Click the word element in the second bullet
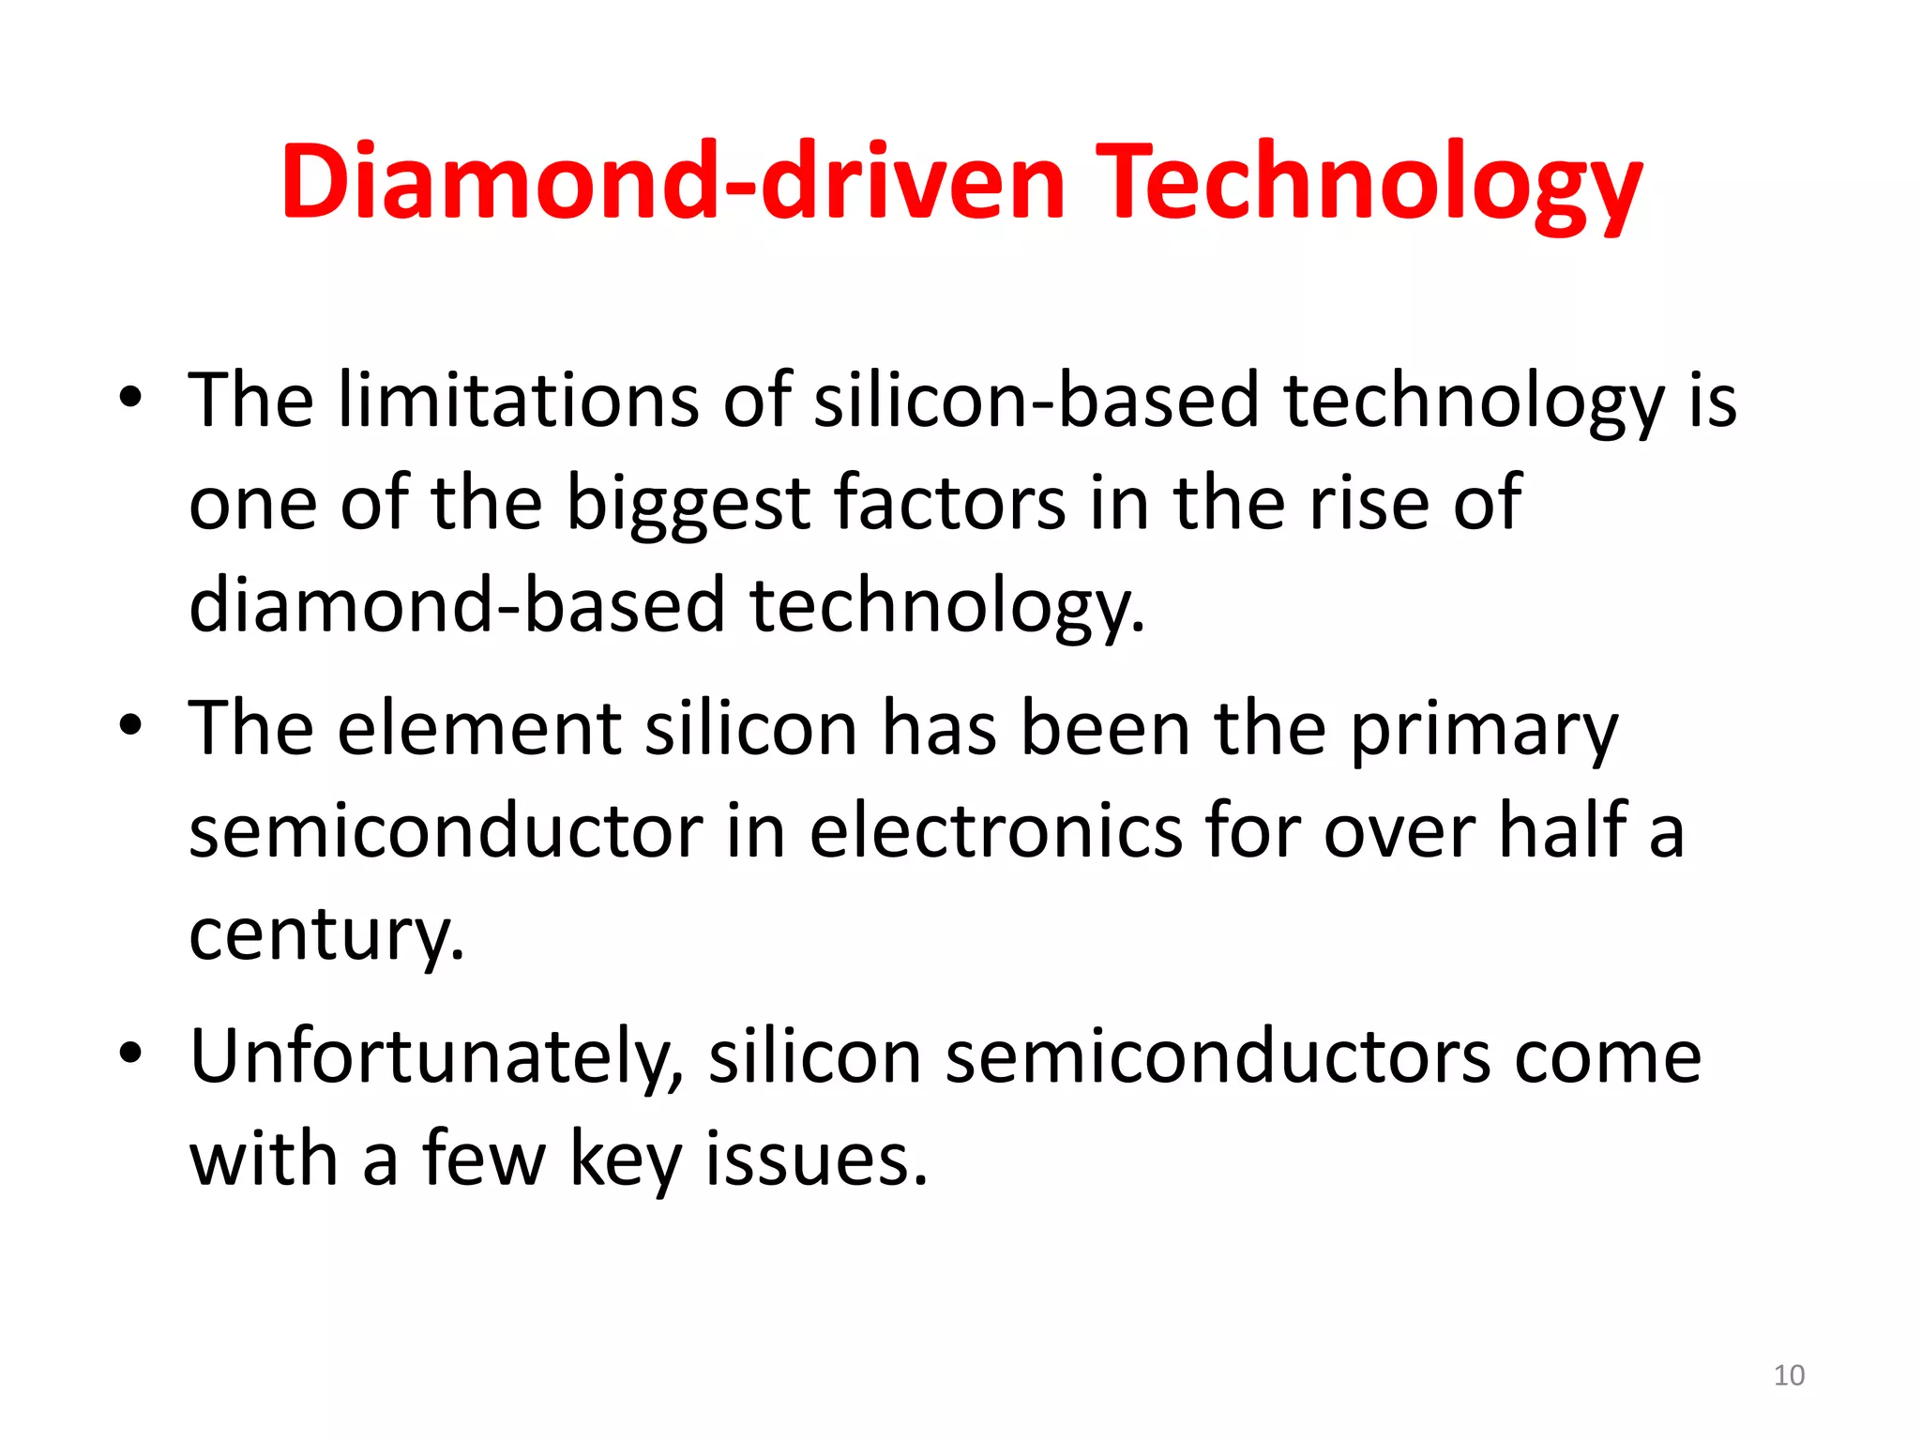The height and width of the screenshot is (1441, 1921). coord(479,729)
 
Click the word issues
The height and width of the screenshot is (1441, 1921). coord(816,1160)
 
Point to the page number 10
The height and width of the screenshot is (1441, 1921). coord(1789,1375)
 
